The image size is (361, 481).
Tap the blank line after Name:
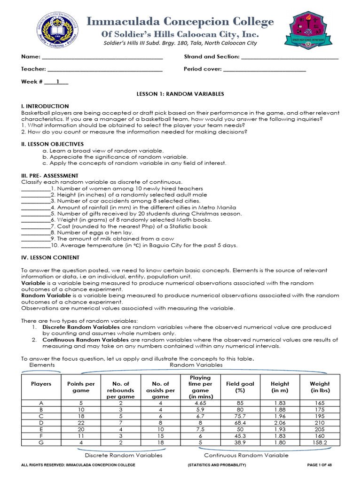[102, 57]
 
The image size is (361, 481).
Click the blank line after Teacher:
[104, 70]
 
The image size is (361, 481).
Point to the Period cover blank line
[264, 70]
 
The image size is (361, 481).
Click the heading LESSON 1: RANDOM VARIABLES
[180, 94]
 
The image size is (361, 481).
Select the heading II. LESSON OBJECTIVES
[53, 144]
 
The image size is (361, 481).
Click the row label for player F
[41, 436]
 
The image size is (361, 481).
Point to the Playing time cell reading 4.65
[200, 403]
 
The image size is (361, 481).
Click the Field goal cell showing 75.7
[240, 416]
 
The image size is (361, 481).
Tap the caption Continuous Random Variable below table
[246, 455]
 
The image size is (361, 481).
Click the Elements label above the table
[42, 365]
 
